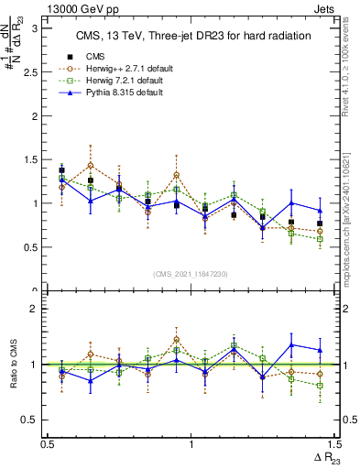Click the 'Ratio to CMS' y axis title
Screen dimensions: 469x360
pos(12,366)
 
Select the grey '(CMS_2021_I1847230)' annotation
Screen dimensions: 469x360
pos(191,273)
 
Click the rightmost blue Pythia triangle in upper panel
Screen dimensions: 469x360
pos(320,210)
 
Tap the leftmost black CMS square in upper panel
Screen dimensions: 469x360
pos(62,170)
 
